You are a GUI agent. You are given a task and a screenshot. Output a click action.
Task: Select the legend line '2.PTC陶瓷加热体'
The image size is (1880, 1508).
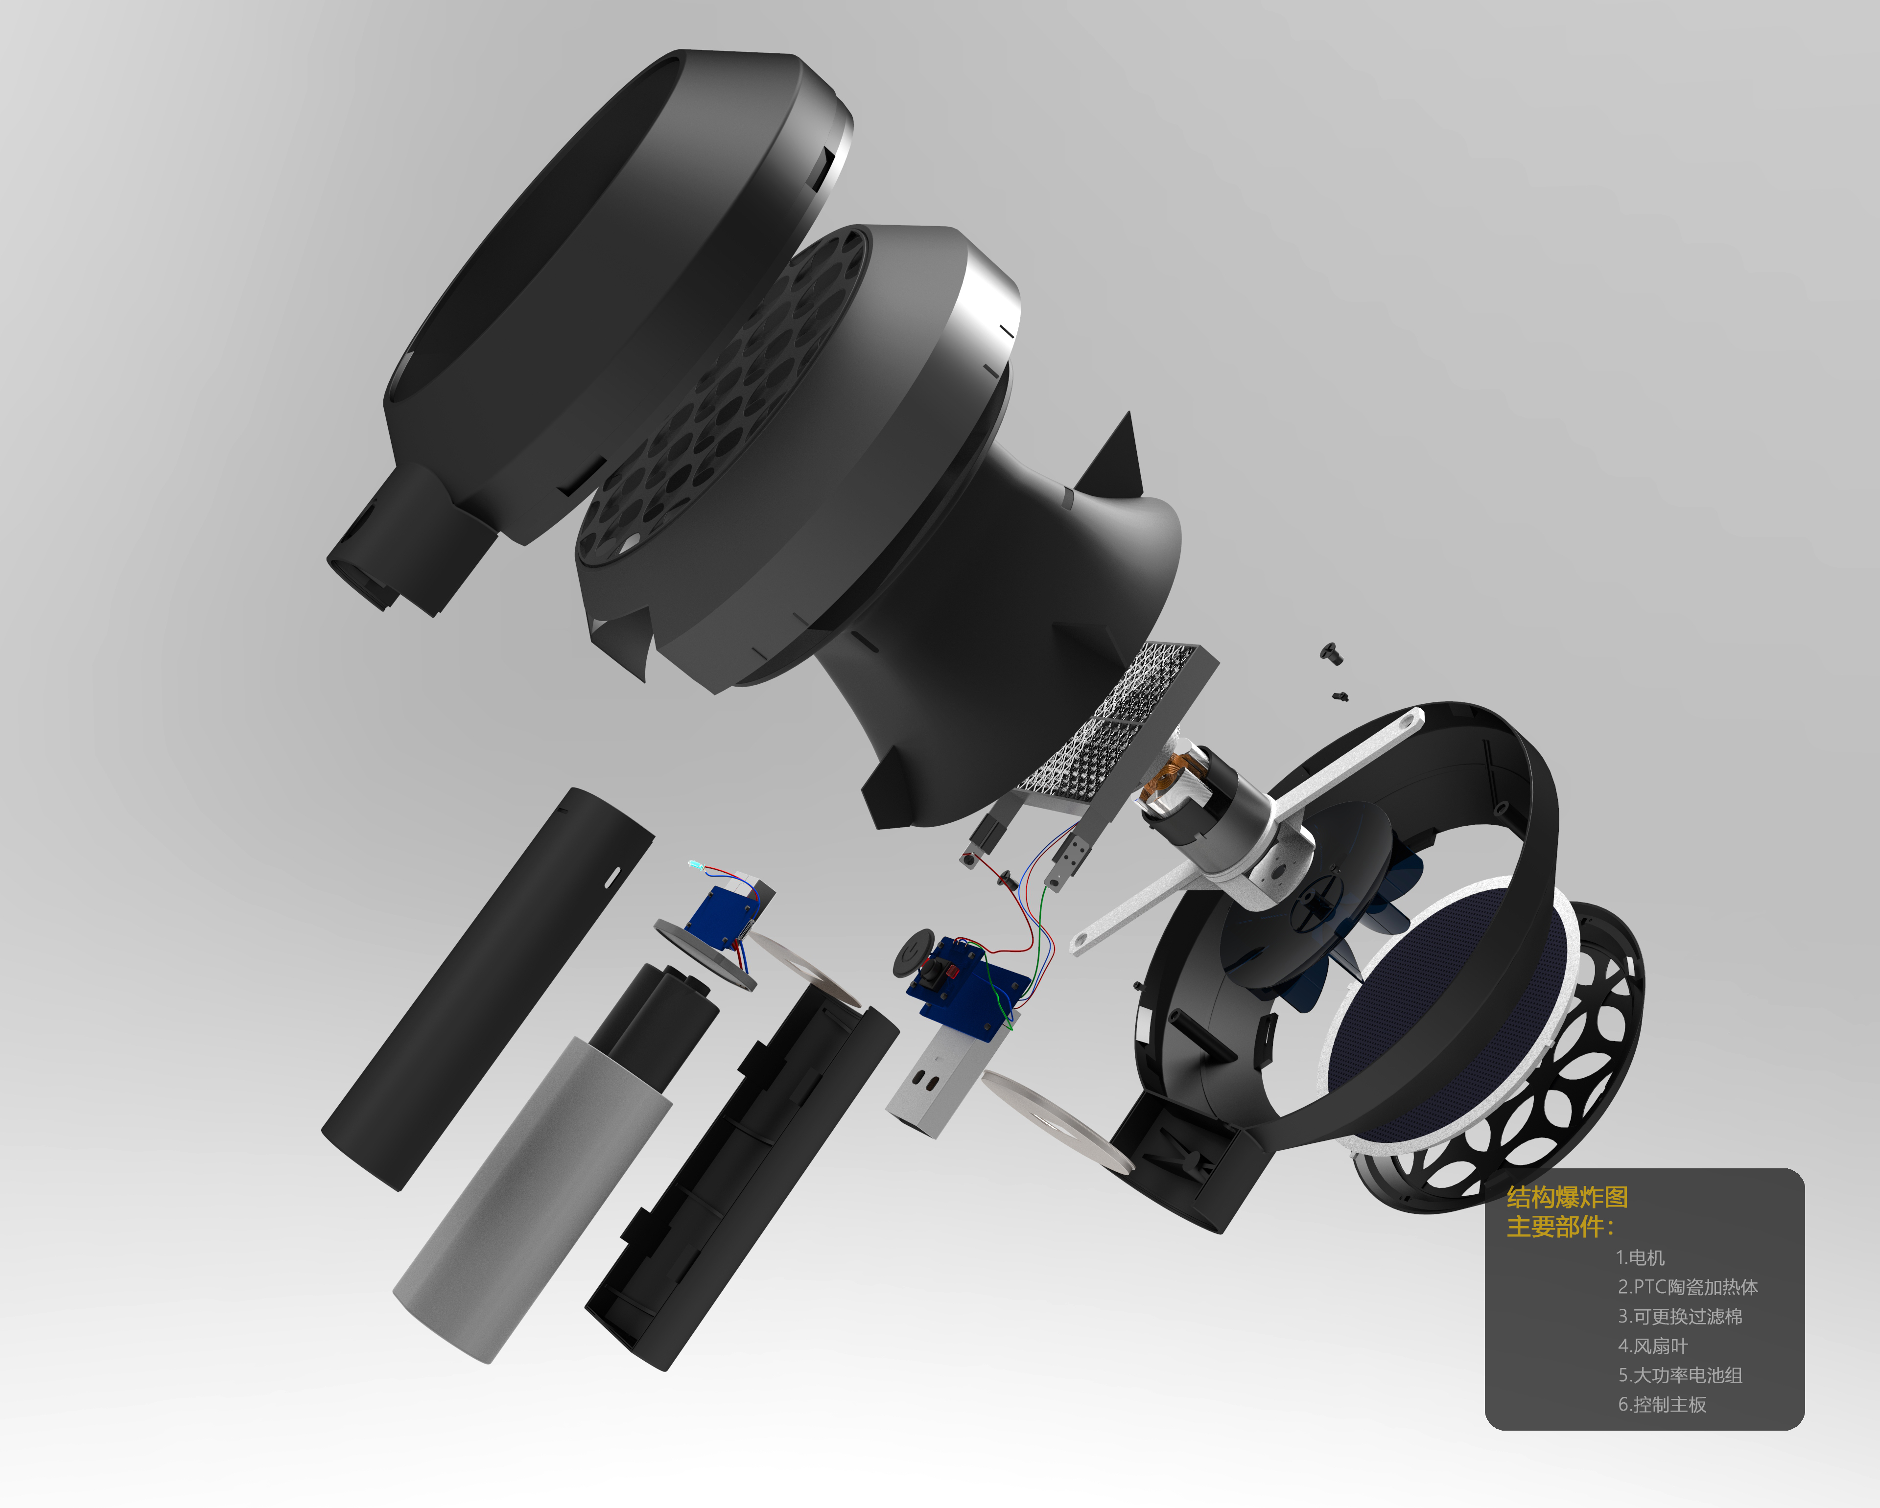coord(1687,1287)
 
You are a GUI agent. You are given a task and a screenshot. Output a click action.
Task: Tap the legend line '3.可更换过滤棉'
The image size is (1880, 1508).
coord(1679,1316)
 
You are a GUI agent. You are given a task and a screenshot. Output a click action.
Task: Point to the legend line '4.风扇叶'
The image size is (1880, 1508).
coord(1652,1346)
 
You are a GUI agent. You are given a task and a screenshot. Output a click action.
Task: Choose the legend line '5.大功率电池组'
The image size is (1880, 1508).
coord(1679,1375)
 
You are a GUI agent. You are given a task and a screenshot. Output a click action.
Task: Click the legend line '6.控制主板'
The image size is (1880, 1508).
coord(1662,1404)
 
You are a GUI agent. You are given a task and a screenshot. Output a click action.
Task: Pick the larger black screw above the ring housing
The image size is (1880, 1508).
coord(1329,650)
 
